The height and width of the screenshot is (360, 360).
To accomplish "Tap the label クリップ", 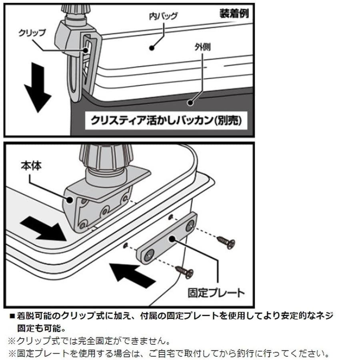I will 32,33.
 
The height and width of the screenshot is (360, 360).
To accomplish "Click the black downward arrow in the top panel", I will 37,90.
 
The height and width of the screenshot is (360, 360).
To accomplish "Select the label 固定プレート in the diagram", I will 216,292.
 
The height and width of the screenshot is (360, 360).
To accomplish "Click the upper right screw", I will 226,242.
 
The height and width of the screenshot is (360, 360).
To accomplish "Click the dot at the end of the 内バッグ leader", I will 152,48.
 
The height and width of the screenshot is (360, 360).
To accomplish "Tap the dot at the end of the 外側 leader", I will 191,102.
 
